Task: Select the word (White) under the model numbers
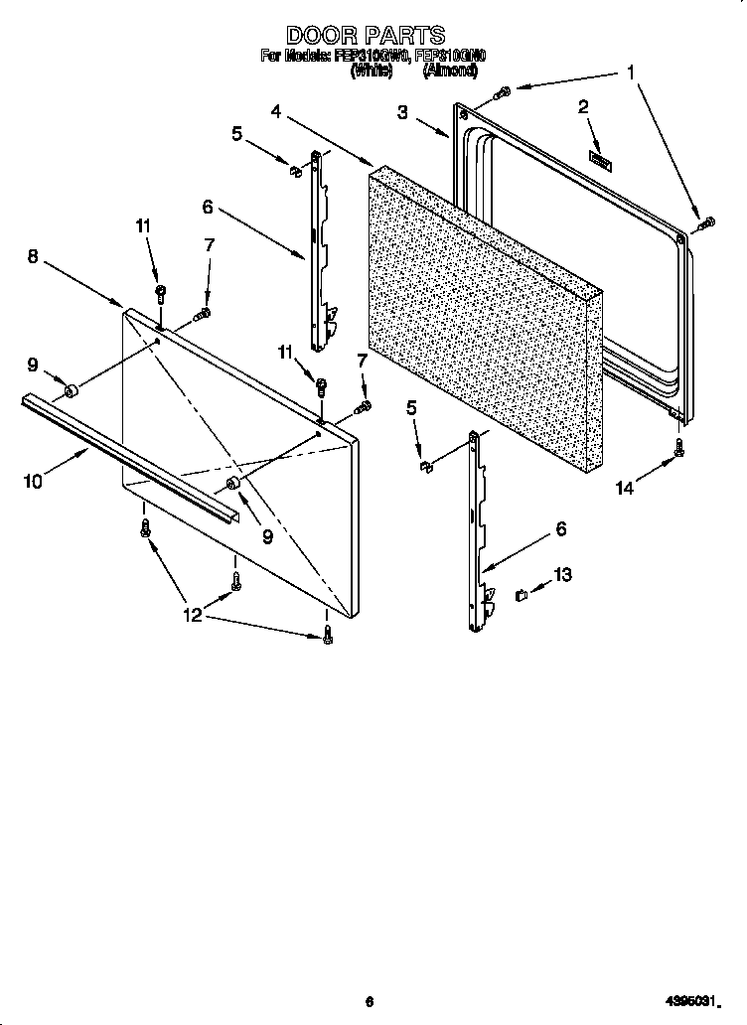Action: coord(370,71)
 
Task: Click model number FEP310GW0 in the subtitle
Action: coord(376,57)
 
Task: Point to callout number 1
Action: coord(629,72)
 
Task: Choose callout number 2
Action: coord(583,106)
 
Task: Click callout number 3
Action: coord(402,112)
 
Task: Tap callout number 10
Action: coord(32,481)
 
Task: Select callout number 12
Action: coord(192,615)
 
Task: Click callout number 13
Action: coord(562,575)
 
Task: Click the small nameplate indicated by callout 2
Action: coord(600,157)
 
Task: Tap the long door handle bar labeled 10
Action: coord(129,456)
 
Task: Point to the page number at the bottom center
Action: coord(369,1001)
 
